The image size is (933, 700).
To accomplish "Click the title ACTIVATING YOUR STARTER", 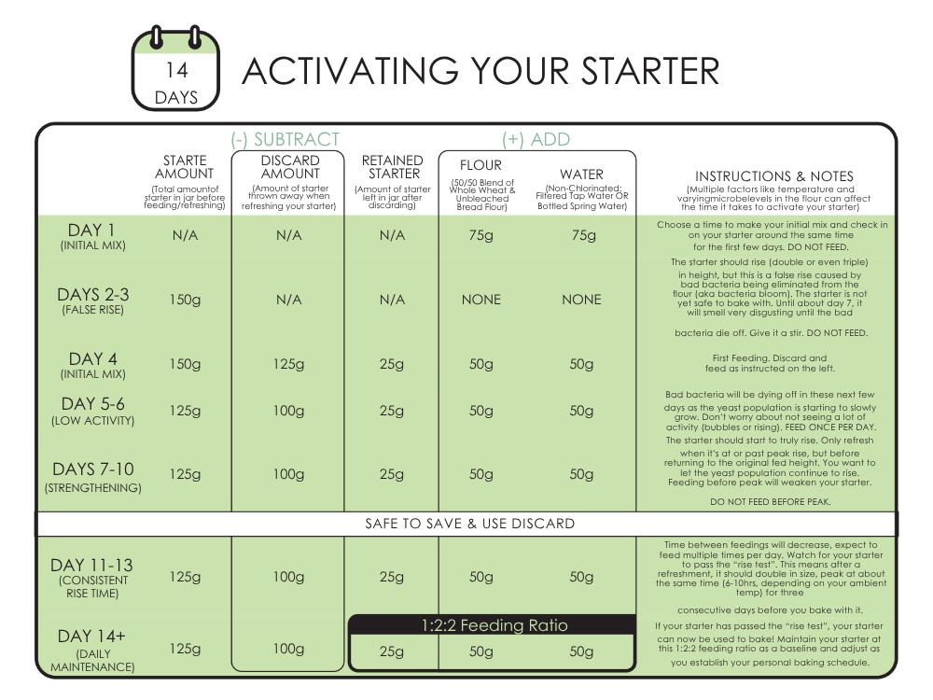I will click(x=480, y=71).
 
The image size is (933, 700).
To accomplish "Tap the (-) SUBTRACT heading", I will click(x=285, y=140).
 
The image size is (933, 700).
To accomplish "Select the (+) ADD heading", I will click(x=536, y=140).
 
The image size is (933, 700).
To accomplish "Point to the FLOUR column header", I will click(x=480, y=166).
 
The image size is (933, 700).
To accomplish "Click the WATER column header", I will click(x=581, y=175).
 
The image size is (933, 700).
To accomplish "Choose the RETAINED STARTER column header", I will click(x=393, y=167).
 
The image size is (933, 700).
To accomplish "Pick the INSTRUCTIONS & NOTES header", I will click(x=773, y=176).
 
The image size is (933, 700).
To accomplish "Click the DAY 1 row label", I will click(x=91, y=230).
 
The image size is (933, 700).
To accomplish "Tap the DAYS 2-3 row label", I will click(x=92, y=295).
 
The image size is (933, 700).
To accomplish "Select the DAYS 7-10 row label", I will click(x=92, y=469).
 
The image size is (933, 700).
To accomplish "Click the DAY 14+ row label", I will click(x=92, y=637).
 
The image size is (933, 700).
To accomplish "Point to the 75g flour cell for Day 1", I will click(x=480, y=236).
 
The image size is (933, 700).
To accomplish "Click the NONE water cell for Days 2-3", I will click(x=581, y=300).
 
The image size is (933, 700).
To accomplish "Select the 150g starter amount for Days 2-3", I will click(x=185, y=300).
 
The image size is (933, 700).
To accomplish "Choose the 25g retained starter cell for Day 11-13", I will click(x=393, y=577).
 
